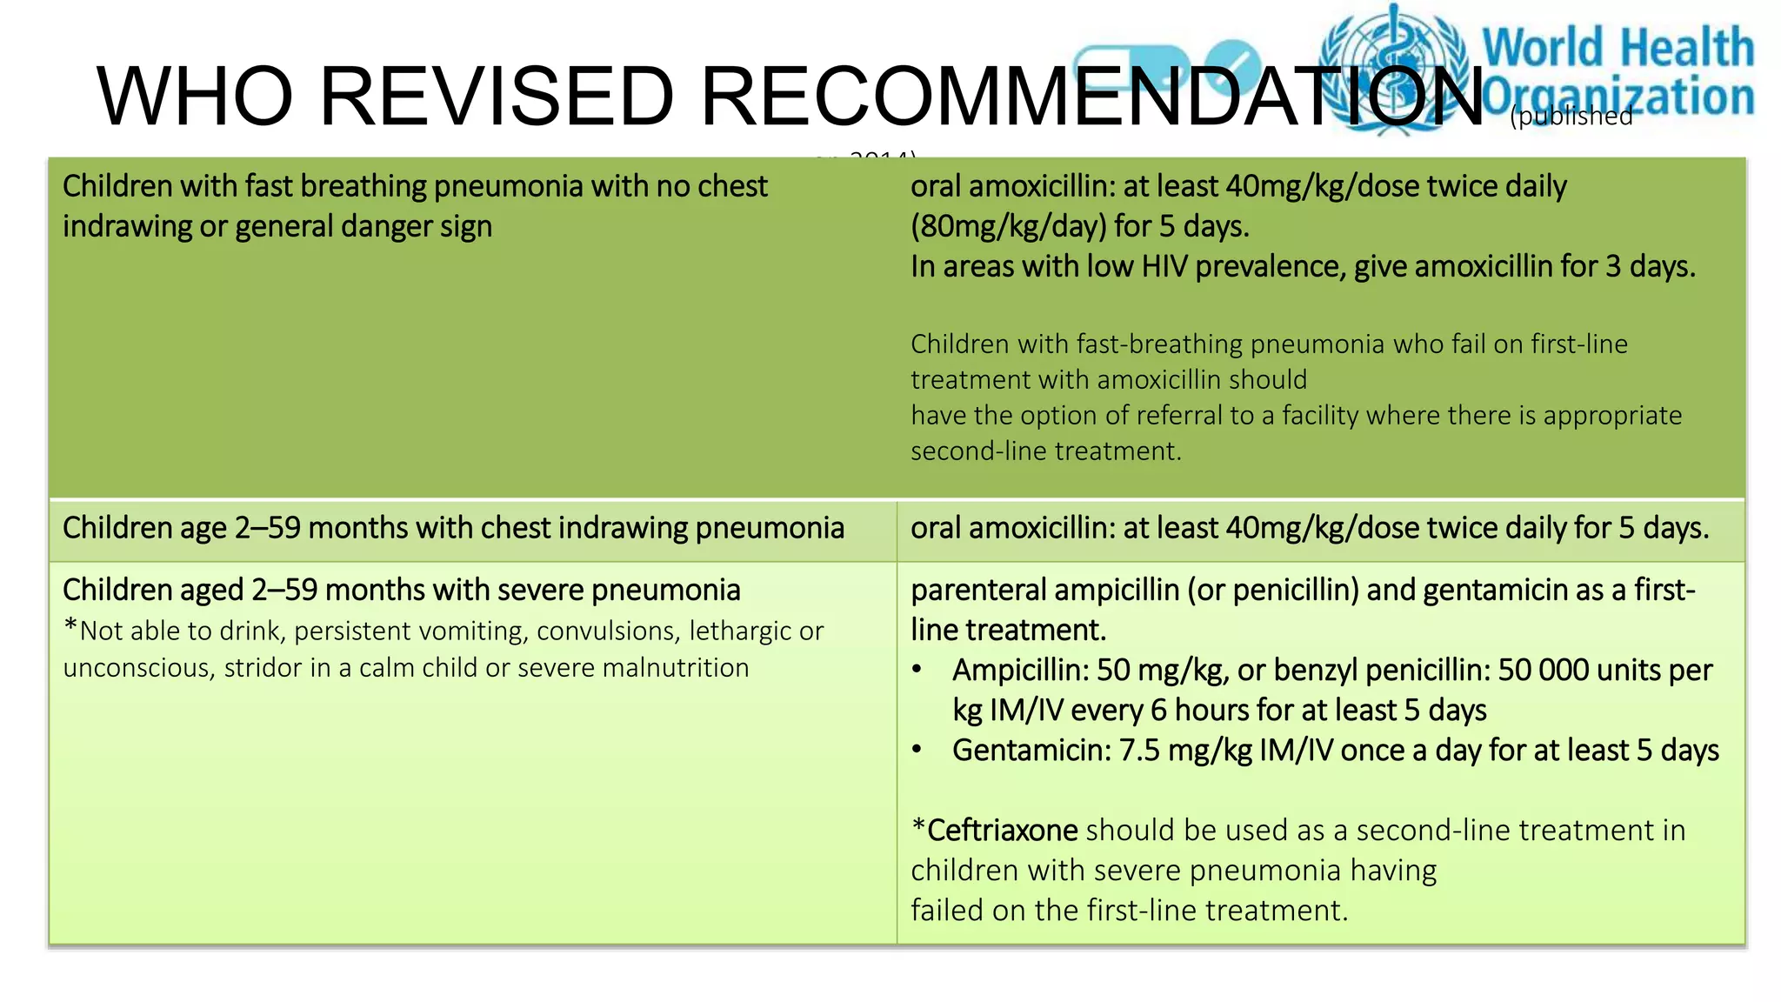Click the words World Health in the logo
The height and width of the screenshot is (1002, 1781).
pos(1618,47)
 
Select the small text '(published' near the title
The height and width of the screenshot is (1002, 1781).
pos(1571,117)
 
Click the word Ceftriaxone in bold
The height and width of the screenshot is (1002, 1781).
pos(1002,831)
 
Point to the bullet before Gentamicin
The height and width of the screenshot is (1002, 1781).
pos(917,750)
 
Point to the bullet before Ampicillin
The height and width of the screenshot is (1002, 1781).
pos(917,670)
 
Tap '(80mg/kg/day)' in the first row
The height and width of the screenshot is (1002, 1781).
pos(1008,227)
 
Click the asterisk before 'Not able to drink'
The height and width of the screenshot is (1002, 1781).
pos(70,627)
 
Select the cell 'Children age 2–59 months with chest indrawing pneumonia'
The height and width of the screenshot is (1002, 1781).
pos(453,529)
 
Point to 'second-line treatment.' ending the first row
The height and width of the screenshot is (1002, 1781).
pos(1046,451)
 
